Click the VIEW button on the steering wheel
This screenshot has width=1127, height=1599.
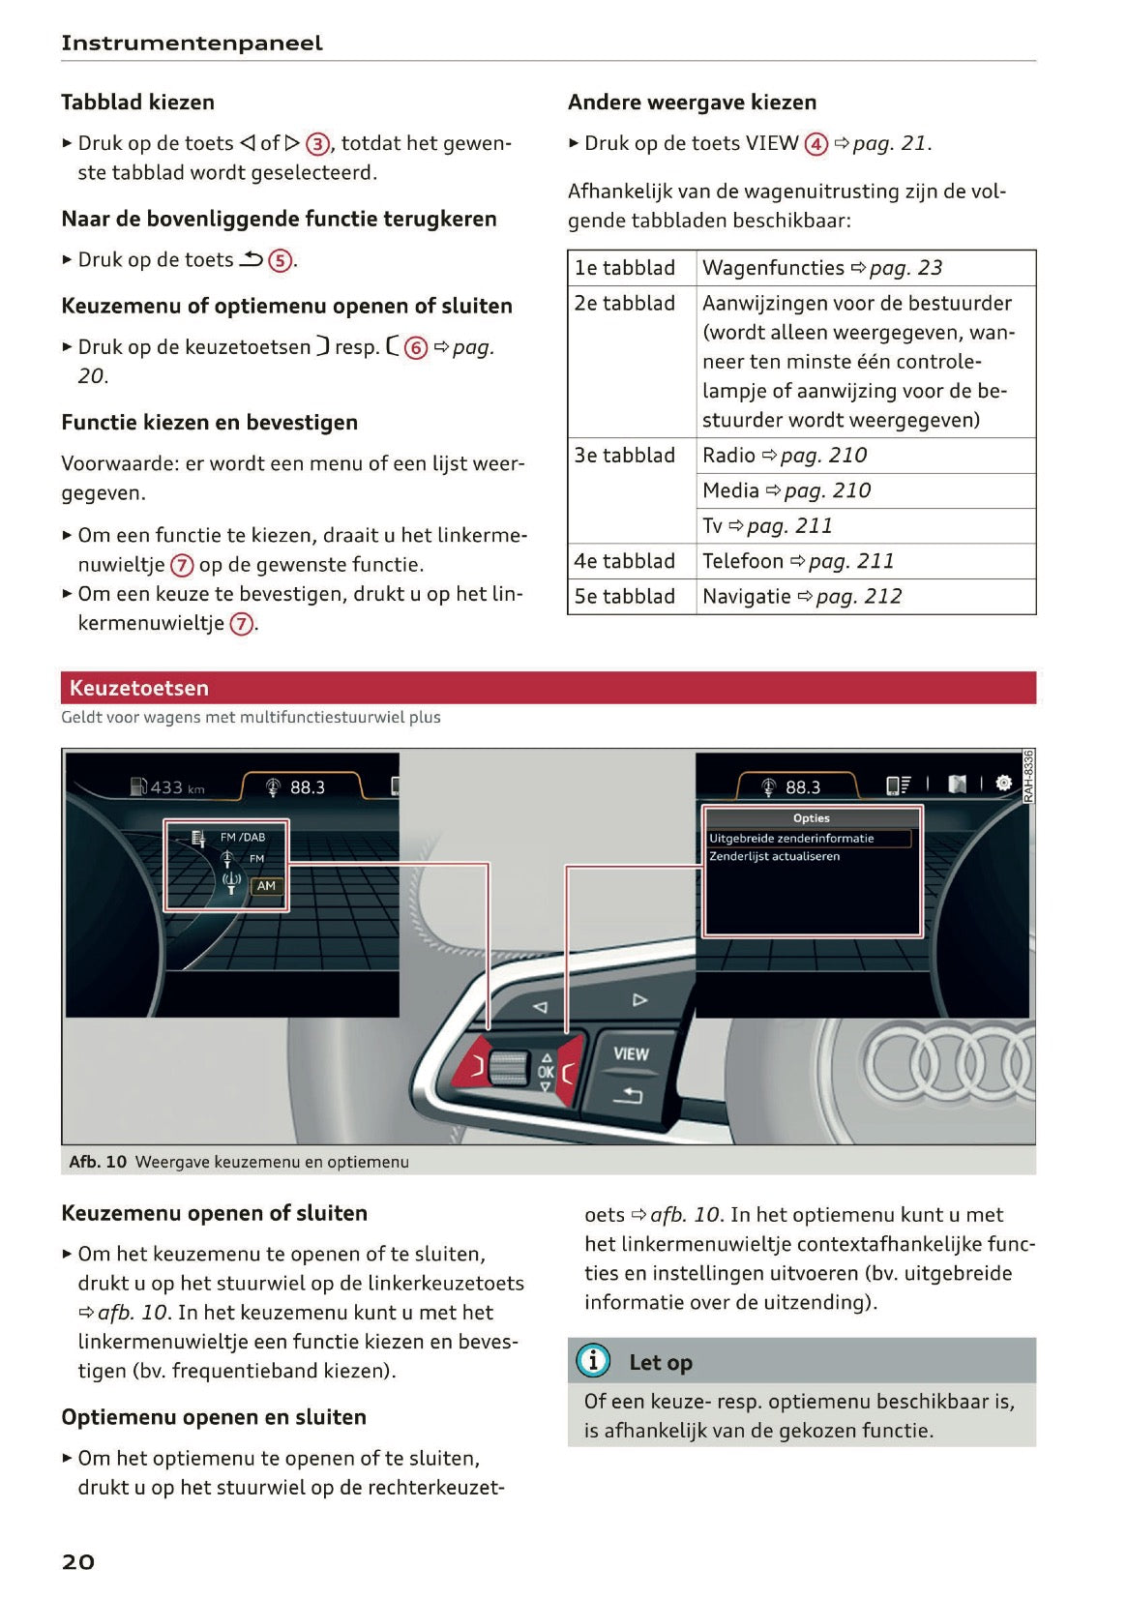coord(631,1054)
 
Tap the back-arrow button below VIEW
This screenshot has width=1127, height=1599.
coord(628,1095)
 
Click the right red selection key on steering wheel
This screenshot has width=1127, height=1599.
coord(569,1068)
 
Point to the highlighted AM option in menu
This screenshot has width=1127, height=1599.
coord(266,886)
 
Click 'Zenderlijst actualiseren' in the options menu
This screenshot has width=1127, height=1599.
coord(774,857)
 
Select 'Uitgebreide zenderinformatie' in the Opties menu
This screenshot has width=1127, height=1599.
coord(791,839)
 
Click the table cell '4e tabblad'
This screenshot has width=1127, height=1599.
coord(625,561)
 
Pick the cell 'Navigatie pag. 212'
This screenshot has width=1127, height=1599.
coord(802,597)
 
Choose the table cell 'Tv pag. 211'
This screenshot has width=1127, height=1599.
coord(767,526)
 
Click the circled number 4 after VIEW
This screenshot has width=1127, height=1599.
coord(816,144)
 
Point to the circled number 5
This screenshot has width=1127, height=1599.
coord(280,260)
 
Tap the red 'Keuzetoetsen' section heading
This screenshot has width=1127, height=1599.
coord(139,688)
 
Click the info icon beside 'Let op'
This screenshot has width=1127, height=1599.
coord(593,1361)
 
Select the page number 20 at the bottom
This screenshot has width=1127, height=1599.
coord(78,1561)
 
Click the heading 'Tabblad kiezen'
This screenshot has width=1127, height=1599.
coord(137,103)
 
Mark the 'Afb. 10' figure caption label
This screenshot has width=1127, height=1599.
coord(98,1162)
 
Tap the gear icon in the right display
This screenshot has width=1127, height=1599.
coord(1004,783)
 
